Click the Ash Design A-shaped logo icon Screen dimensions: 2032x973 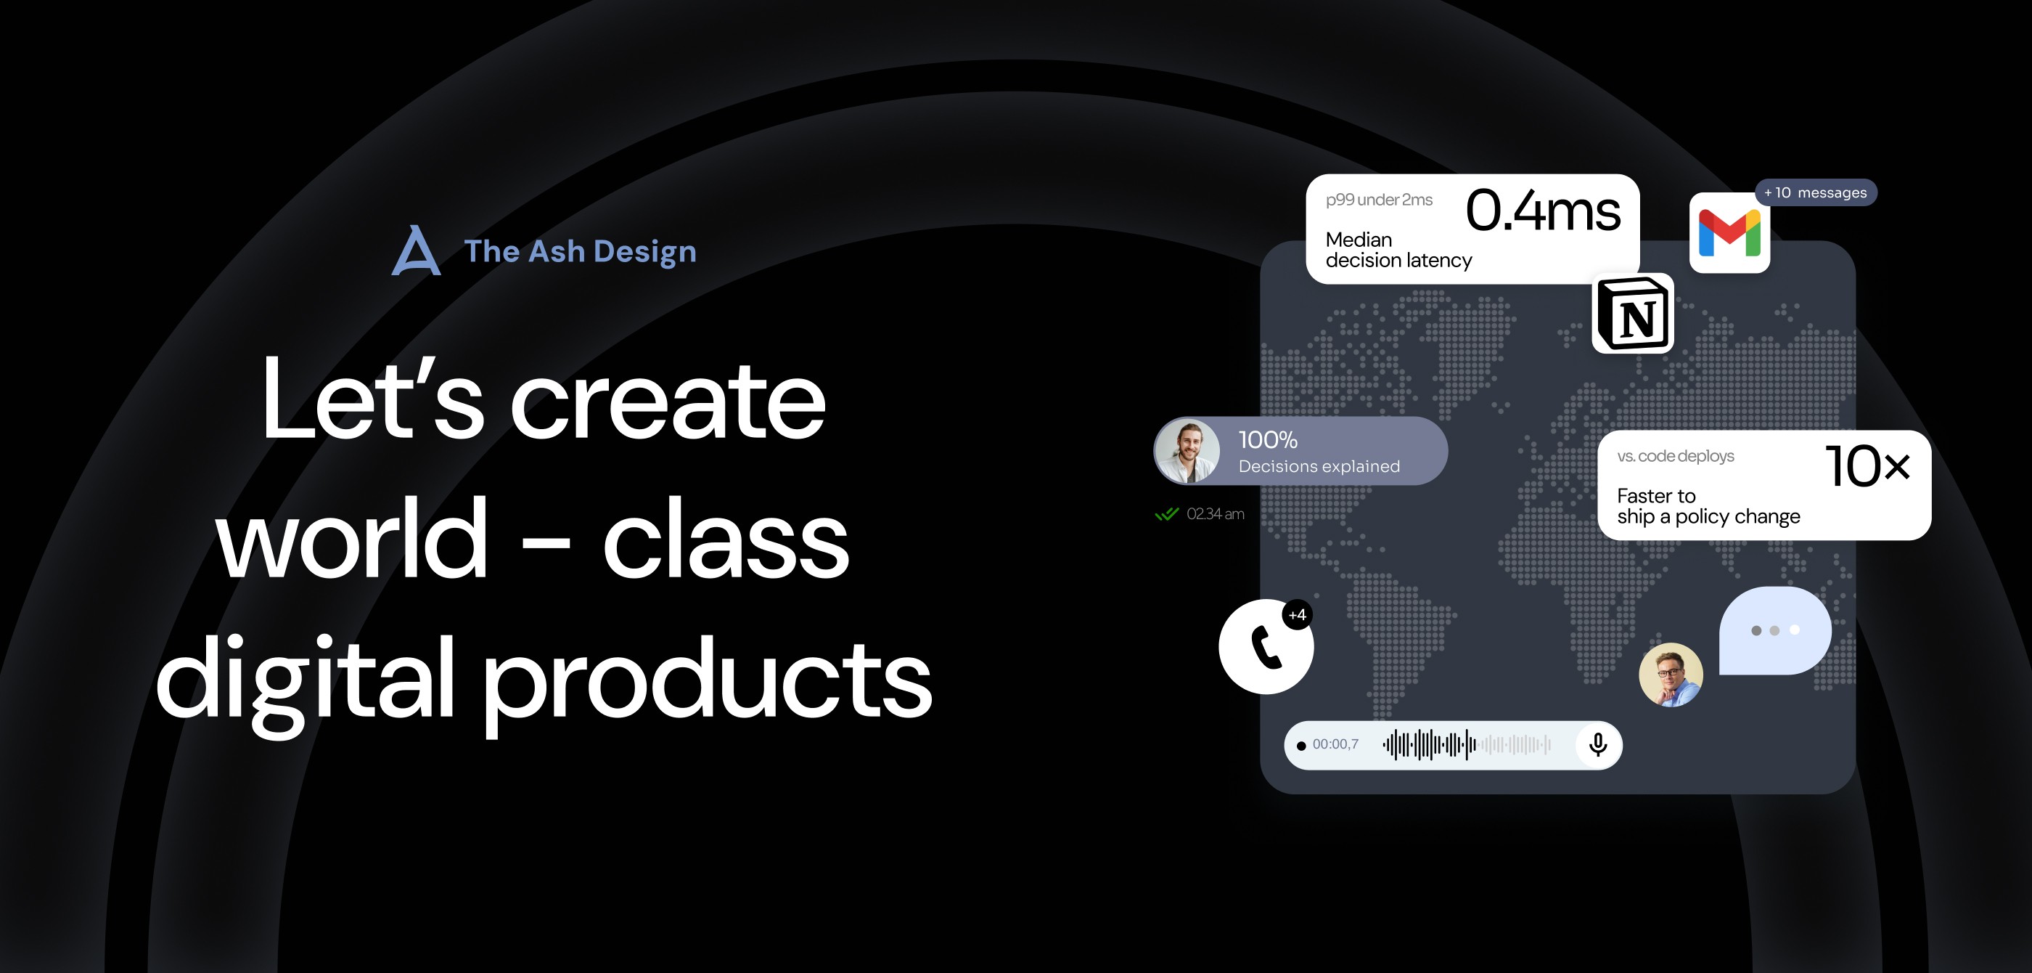tap(416, 251)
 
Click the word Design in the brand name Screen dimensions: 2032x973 tap(644, 252)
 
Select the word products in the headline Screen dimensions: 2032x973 tap(707, 681)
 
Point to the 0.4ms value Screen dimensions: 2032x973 tap(1543, 211)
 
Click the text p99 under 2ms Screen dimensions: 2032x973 tap(1379, 200)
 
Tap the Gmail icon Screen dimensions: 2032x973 tap(1729, 233)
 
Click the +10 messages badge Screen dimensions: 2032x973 tap(1815, 192)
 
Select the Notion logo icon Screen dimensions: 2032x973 tap(1633, 313)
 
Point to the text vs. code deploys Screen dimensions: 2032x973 tap(1676, 456)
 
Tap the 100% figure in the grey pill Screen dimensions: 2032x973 tap(1268, 439)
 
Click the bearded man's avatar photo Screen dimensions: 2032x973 tap(1187, 451)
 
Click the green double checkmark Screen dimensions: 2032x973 tap(1167, 515)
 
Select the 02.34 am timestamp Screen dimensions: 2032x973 tap(1216, 513)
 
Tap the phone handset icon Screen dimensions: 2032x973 tap(1266, 647)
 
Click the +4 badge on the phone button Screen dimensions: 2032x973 tap(1298, 615)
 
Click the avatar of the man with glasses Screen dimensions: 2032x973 tap(1671, 675)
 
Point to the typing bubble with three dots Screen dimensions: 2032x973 tap(1775, 630)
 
